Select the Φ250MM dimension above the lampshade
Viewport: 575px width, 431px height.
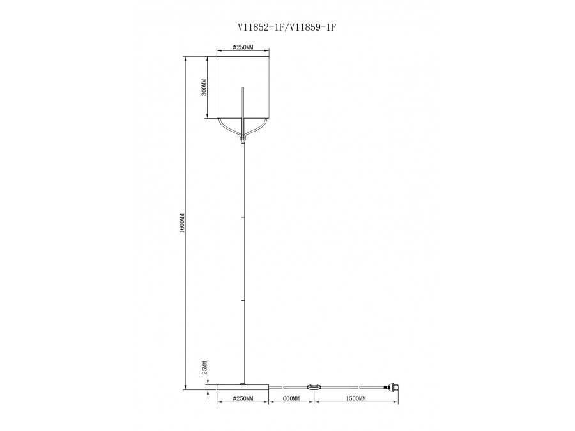coord(243,47)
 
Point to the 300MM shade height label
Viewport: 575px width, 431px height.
coord(204,88)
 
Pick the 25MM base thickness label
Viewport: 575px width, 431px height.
coord(205,367)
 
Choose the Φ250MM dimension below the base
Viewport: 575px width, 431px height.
coord(243,398)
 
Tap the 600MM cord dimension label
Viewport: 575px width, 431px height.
coord(291,398)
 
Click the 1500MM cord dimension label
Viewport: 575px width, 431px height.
coord(356,398)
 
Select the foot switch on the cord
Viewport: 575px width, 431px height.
coord(314,387)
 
